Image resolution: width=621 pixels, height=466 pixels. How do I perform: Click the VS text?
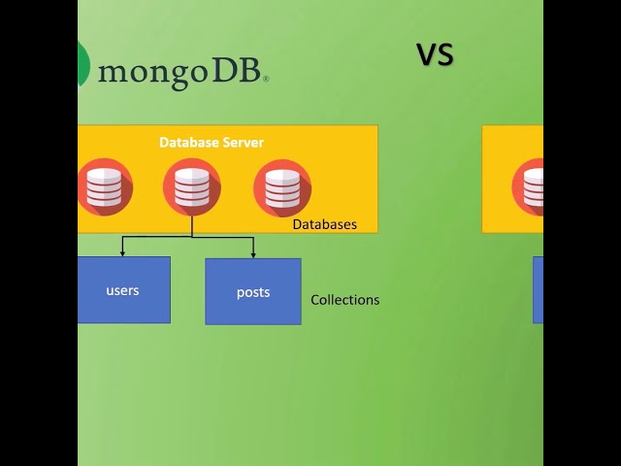point(436,55)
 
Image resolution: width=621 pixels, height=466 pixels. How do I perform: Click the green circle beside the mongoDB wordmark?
point(83,65)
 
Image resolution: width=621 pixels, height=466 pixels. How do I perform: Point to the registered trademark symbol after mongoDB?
point(266,79)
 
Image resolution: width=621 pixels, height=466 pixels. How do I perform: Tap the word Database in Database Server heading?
point(189,143)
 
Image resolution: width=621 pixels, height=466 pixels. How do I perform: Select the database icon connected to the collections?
point(192,186)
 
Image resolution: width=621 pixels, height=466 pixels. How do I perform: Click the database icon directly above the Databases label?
point(282,187)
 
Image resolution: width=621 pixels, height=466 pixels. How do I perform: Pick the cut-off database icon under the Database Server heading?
point(103,187)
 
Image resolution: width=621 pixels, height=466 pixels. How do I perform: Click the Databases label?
point(324,224)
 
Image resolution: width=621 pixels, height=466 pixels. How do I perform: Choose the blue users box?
point(123,289)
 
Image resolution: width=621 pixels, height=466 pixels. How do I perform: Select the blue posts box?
point(252,291)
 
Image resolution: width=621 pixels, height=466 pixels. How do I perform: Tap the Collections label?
point(344,300)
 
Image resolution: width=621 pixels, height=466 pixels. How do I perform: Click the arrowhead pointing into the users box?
point(122,252)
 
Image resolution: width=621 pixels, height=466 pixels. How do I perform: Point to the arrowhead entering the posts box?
point(253,253)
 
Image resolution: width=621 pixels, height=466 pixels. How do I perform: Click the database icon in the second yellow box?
point(531,186)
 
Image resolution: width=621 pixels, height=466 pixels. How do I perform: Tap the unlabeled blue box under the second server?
point(538,289)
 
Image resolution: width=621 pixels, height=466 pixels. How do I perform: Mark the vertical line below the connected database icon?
point(192,226)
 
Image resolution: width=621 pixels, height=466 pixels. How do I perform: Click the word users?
point(122,290)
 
